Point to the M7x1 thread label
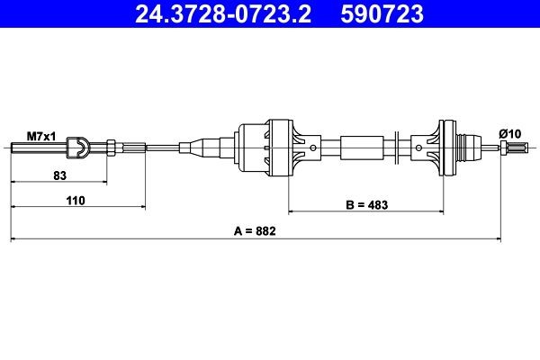tap(41, 135)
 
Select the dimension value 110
tap(75, 202)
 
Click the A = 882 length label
tap(254, 231)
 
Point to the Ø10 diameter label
tap(510, 134)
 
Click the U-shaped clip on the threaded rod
tap(79, 147)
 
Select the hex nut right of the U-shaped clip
tap(112, 147)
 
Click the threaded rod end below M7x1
tap(36, 147)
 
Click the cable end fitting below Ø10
tap(510, 148)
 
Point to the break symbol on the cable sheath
tap(398, 146)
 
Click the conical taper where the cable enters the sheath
tap(191, 147)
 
